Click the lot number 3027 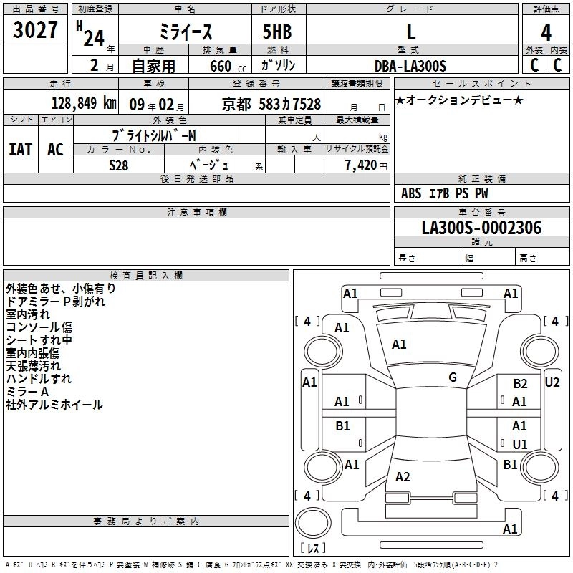click(36, 32)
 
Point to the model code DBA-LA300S click(410, 66)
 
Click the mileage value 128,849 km click(84, 103)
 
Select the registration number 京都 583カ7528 click(271, 104)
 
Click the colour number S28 click(119, 165)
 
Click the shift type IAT click(20, 149)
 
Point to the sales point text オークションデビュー click(459, 100)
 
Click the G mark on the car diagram click(453, 377)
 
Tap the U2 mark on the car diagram click(552, 382)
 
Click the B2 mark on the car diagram click(520, 384)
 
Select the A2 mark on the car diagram click(403, 477)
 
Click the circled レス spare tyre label click(313, 549)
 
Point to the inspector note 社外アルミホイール click(54, 405)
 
